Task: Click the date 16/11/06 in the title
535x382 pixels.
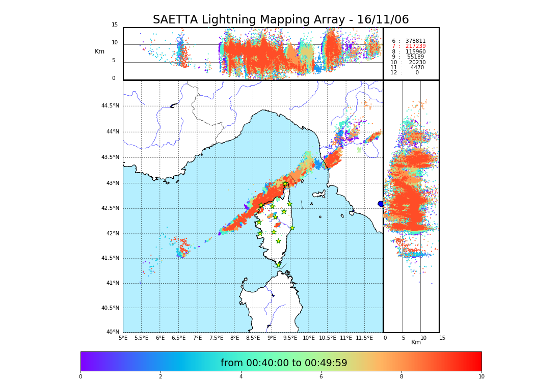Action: (383, 20)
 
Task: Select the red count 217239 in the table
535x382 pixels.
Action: (415, 46)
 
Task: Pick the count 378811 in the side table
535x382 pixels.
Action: (415, 41)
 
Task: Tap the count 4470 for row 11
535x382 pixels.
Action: (417, 68)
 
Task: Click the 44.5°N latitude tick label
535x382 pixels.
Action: (110, 106)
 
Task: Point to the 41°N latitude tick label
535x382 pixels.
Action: (112, 283)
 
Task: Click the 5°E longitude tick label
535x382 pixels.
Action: (123, 338)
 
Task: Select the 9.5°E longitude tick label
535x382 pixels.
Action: (290, 338)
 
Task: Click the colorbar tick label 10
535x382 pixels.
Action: (481, 377)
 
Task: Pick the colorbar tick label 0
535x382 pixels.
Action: (81, 377)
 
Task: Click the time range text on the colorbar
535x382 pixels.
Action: (283, 363)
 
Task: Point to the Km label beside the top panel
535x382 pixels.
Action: (99, 51)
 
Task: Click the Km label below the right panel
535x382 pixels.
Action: (416, 342)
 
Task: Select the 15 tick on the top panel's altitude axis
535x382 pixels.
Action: (115, 25)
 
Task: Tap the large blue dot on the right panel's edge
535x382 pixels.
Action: (381, 204)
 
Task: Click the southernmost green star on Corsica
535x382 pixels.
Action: (278, 265)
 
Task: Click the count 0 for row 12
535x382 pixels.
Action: (417, 73)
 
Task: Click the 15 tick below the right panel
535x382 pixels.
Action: (442, 338)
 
